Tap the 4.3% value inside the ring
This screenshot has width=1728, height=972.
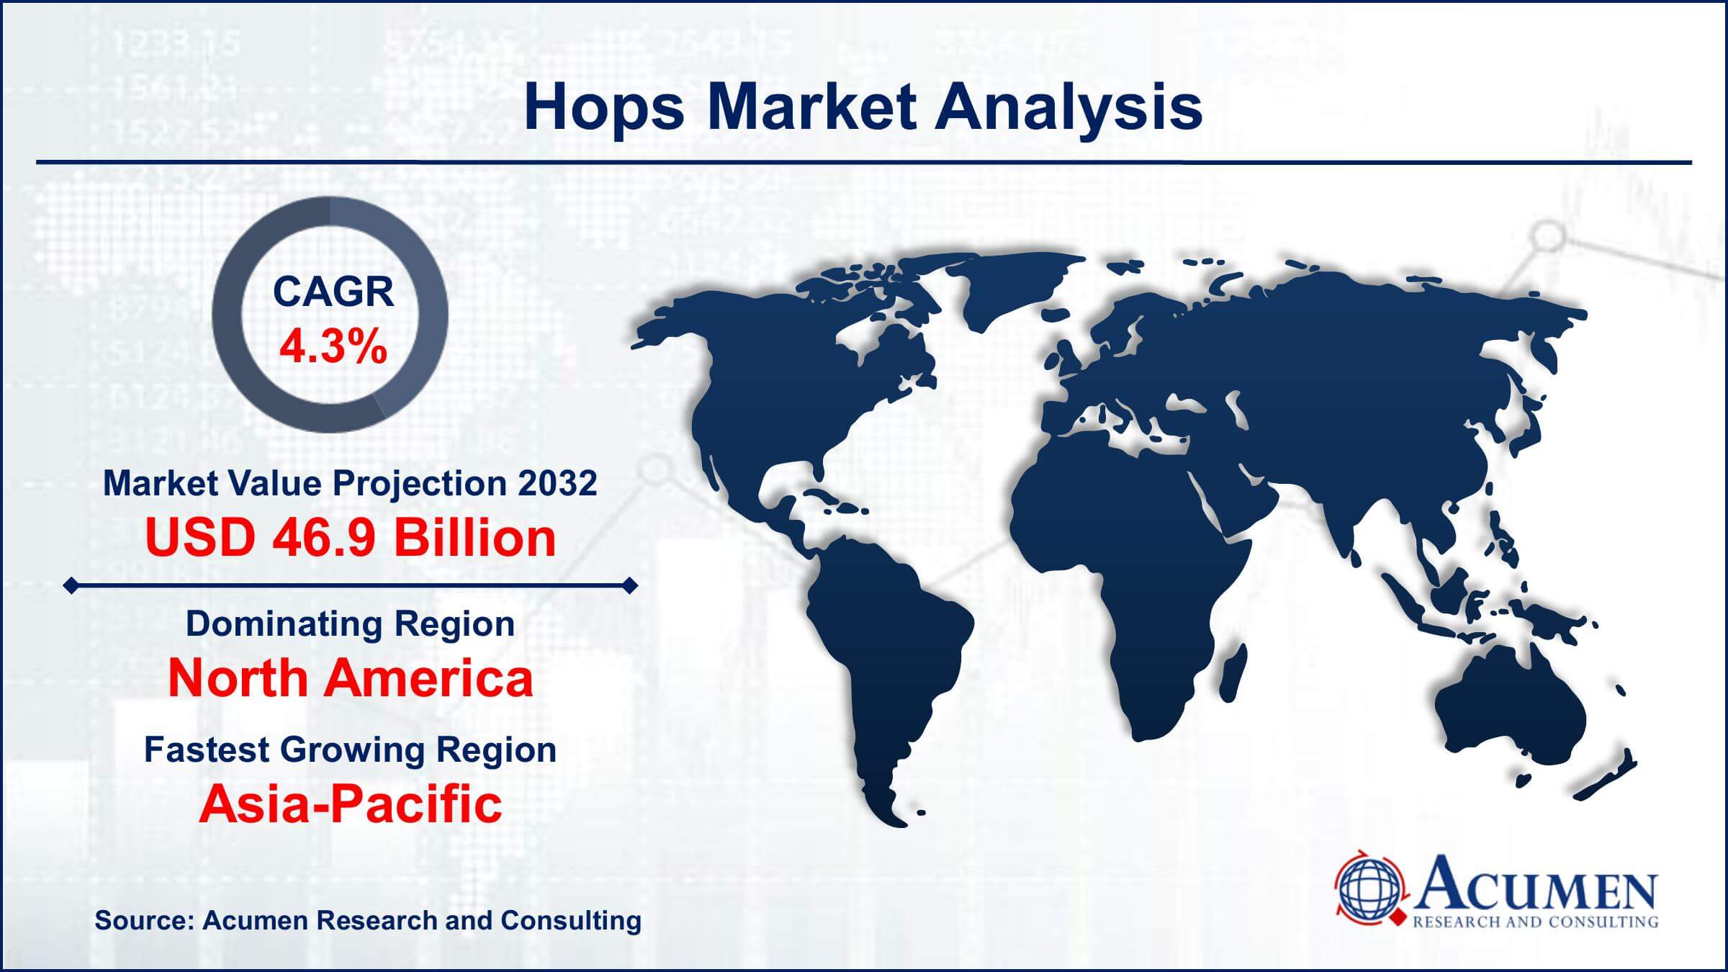coord(333,347)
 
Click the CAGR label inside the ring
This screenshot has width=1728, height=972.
coord(333,292)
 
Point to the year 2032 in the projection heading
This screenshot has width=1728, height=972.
coord(557,483)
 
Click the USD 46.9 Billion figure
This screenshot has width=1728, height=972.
coord(351,538)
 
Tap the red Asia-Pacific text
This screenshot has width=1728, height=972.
coord(351,804)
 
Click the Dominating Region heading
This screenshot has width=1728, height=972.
coord(351,624)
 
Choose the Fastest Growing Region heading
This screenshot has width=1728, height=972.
coord(351,750)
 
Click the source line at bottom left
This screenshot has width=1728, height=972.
coord(368,920)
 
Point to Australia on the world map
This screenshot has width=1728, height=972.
coord(1508,709)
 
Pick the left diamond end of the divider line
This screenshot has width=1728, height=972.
coord(71,586)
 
